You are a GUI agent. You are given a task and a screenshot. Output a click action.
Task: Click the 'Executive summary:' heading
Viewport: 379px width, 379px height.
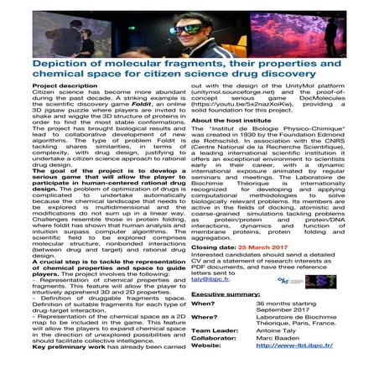point(225,295)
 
